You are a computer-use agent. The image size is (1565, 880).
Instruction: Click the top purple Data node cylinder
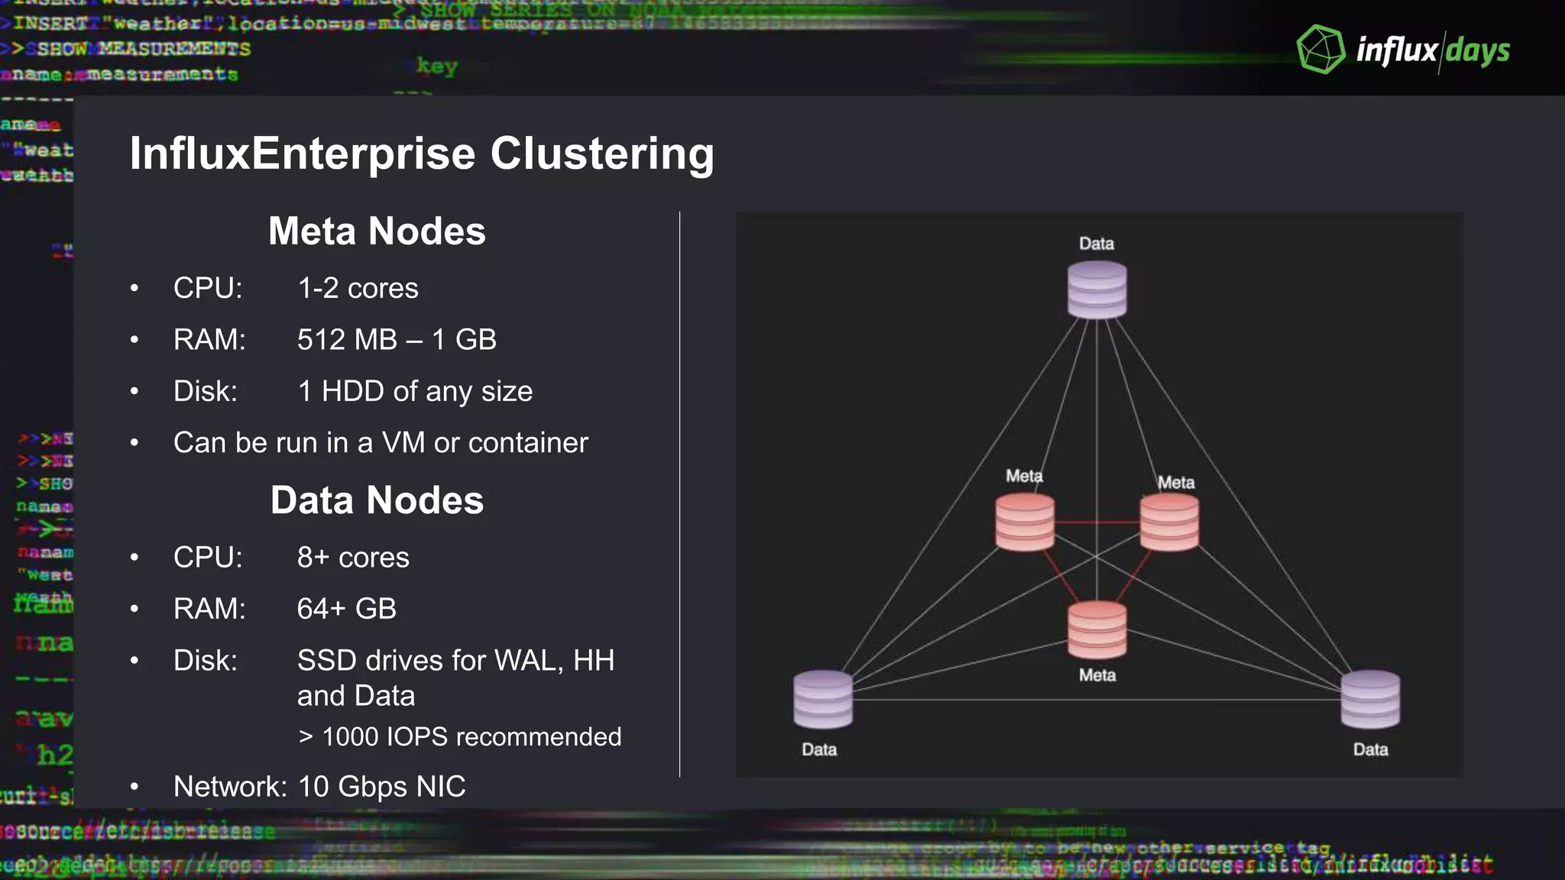pos(1097,290)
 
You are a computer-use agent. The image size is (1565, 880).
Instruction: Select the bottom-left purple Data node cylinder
pos(823,699)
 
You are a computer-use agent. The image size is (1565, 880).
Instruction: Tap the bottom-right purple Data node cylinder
pos(1371,699)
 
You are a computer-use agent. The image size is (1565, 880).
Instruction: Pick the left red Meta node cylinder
pos(1025,522)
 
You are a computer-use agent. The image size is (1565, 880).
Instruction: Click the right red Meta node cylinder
pos(1169,522)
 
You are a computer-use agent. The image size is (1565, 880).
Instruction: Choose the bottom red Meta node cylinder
pos(1097,629)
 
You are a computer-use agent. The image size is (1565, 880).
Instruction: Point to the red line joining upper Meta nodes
pos(1097,522)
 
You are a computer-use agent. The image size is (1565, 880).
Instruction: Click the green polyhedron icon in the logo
pos(1320,50)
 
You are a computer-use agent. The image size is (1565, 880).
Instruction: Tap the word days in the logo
pos(1478,51)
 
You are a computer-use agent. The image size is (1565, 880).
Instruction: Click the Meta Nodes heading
pos(377,231)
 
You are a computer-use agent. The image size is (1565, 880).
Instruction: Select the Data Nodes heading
pos(377,500)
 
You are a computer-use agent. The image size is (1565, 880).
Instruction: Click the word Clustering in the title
pos(602,154)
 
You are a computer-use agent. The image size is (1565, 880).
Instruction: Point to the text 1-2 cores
pos(358,289)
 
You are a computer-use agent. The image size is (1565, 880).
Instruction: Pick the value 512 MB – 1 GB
pos(397,340)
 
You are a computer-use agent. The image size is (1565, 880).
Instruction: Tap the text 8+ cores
pos(353,558)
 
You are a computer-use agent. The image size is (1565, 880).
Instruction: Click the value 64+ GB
pos(346,609)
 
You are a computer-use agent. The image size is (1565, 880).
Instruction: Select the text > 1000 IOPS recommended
pos(459,737)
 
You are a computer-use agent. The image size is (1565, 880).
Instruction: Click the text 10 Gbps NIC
pos(381,787)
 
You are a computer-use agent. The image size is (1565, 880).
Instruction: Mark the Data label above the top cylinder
pos(1097,244)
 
